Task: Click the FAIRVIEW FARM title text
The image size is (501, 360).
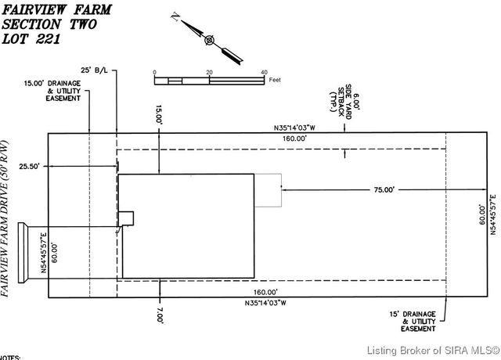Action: tap(57, 10)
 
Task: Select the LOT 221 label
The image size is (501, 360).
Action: tap(33, 38)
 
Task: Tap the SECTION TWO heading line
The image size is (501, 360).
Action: tap(50, 24)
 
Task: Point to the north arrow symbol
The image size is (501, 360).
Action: tap(208, 40)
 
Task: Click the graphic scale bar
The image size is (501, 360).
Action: tap(209, 80)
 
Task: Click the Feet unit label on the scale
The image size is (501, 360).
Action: tap(275, 80)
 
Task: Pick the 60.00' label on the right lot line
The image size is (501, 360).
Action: tap(484, 213)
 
